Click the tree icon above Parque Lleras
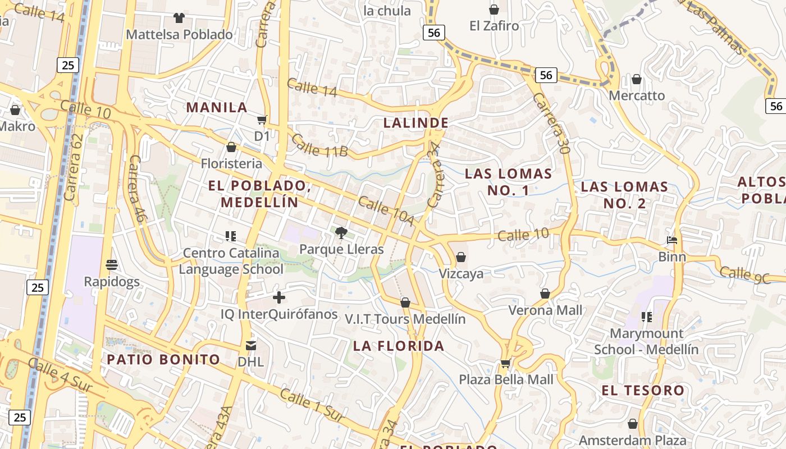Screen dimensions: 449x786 (341, 232)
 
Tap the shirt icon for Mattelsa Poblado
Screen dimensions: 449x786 (179, 18)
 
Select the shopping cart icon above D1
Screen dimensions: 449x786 (262, 120)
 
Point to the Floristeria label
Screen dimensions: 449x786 (231, 163)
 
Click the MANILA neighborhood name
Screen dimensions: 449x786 (217, 107)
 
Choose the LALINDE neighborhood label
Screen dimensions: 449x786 (415, 123)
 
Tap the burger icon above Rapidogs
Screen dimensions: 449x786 (111, 264)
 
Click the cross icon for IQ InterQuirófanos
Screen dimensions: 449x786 (279, 297)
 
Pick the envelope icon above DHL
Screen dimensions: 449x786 (250, 345)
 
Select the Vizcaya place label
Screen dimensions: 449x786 (461, 274)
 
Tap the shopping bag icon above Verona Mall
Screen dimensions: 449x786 (545, 294)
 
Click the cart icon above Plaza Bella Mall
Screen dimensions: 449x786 (506, 363)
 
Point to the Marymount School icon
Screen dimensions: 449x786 (647, 317)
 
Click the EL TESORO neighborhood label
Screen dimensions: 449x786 (643, 390)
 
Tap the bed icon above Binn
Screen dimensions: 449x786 (672, 240)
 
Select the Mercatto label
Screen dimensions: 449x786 (637, 95)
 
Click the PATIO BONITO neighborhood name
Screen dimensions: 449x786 (163, 359)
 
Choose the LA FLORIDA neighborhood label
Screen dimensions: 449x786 (399, 346)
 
